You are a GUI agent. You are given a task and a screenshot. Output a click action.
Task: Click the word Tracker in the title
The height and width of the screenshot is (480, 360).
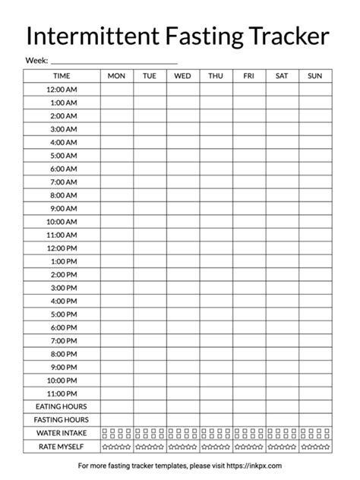pos(286,36)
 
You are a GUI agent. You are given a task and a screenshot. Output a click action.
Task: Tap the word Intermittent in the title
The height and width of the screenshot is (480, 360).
pos(84,36)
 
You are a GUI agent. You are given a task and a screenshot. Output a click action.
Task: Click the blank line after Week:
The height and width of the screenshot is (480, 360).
pos(114,60)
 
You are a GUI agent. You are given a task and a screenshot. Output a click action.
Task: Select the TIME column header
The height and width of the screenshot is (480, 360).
pos(62,76)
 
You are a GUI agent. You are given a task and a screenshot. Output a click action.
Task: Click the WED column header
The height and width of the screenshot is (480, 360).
pos(183,76)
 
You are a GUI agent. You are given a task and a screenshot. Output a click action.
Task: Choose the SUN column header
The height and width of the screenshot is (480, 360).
pos(315,76)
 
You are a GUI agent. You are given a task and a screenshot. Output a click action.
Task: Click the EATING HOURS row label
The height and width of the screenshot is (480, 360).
pos(62,407)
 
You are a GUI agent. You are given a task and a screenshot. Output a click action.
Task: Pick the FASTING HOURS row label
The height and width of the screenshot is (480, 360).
pos(62,420)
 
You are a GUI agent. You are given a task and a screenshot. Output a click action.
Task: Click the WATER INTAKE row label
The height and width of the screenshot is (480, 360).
pos(62,433)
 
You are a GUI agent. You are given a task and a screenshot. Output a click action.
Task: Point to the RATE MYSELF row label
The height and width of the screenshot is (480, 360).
pos(62,447)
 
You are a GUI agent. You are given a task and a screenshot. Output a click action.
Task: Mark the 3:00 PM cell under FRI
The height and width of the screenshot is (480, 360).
pos(249,288)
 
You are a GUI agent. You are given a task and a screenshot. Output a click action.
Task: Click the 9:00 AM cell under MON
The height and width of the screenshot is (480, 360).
pos(117,209)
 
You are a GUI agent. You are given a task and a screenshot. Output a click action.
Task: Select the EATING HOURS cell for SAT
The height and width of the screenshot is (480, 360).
pos(282,407)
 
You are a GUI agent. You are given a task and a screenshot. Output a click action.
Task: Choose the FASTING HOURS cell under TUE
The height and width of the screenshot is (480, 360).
pos(150,420)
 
